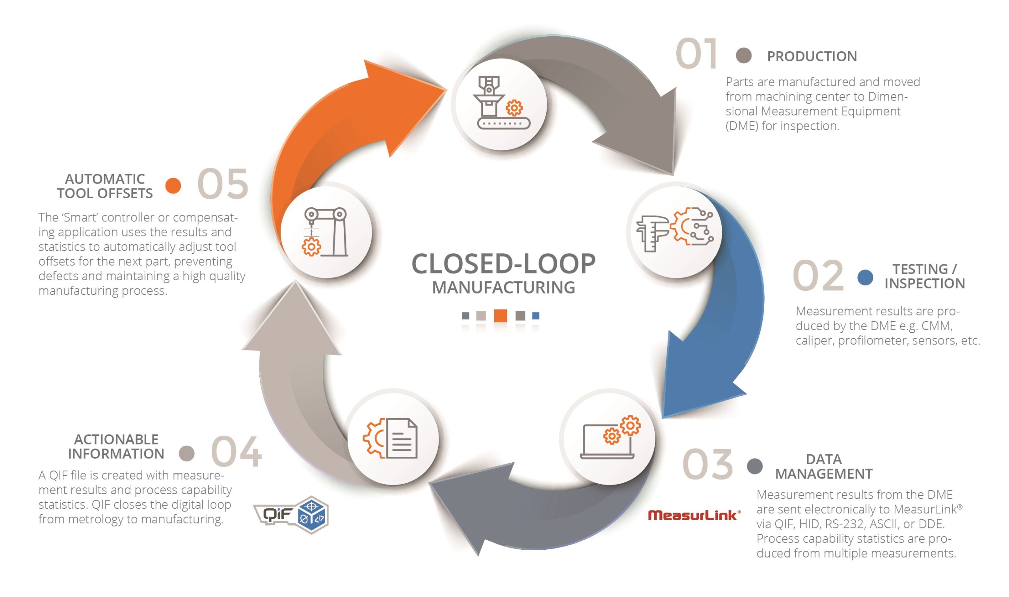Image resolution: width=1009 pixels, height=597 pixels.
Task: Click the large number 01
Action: pos(696,54)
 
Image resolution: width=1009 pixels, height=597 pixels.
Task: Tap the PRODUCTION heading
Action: pos(812,56)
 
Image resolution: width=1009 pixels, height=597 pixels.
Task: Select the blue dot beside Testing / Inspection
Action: pos(865,277)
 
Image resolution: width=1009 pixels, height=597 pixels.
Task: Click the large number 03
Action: pos(707,465)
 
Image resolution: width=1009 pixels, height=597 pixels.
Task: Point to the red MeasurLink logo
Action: pos(694,515)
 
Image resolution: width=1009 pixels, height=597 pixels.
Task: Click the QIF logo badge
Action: pos(291,515)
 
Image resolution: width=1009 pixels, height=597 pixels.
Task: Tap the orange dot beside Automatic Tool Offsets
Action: pos(173,186)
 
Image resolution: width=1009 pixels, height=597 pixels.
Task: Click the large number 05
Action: pos(222,184)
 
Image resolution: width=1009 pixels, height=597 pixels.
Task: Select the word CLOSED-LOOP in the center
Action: pos(503,264)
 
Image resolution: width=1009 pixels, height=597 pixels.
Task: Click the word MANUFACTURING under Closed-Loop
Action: pos(503,288)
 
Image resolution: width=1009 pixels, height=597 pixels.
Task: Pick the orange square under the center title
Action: pos(501,316)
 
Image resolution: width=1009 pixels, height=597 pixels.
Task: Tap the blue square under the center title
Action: pos(536,316)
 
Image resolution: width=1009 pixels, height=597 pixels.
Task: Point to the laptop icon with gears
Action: pos(609,438)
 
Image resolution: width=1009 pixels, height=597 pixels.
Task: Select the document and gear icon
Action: pos(391,439)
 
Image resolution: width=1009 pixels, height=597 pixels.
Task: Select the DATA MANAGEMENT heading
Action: pos(823,467)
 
